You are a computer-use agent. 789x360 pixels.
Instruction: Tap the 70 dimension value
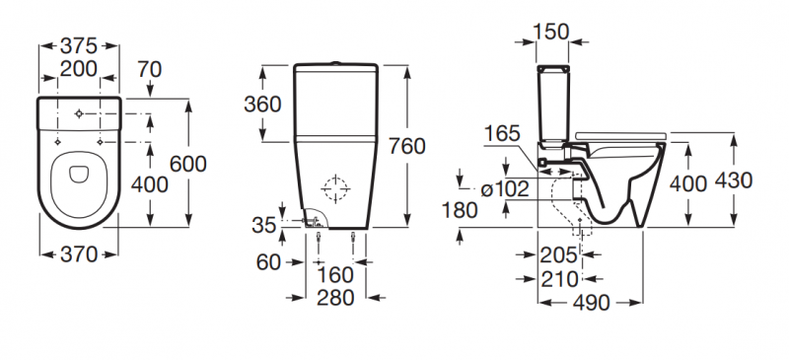[149, 69]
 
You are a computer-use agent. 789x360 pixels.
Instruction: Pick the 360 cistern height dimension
[261, 104]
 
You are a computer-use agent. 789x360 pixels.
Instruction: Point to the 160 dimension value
[337, 275]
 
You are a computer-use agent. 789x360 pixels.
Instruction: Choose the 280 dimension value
[337, 298]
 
